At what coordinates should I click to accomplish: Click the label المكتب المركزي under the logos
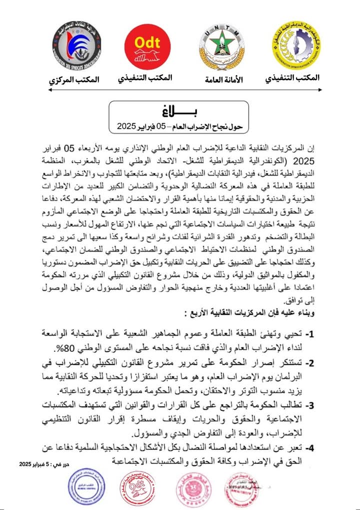[x=73, y=80]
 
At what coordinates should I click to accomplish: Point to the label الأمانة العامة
[x=224, y=80]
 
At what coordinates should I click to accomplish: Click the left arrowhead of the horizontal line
[x=50, y=90]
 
